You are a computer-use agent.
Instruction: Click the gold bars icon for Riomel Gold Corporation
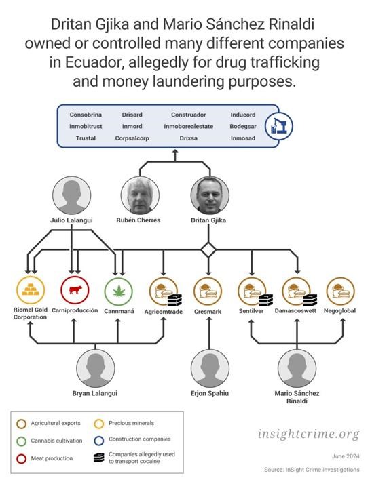point(31,290)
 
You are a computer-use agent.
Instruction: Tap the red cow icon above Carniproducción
point(75,290)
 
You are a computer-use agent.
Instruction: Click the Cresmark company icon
point(208,291)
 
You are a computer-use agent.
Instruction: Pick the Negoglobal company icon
point(340,291)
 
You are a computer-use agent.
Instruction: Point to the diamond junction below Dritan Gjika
point(208,249)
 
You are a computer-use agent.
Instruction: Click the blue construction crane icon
point(279,126)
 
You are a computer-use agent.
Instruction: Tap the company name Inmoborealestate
point(189,126)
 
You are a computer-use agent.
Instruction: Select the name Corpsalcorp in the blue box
point(132,138)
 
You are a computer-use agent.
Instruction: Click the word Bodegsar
point(243,126)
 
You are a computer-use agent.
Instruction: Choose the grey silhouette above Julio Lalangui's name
point(72,195)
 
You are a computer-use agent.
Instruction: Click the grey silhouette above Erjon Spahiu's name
point(210,368)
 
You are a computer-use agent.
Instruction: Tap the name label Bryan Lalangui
point(95,394)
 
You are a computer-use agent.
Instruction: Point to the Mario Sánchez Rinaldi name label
point(297,397)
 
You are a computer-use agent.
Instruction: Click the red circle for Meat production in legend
point(21,459)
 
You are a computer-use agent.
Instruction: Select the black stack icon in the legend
point(99,458)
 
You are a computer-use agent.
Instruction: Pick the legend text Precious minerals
point(132,423)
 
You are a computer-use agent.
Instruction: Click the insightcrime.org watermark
point(309,434)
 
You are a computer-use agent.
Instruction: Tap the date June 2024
point(346,456)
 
